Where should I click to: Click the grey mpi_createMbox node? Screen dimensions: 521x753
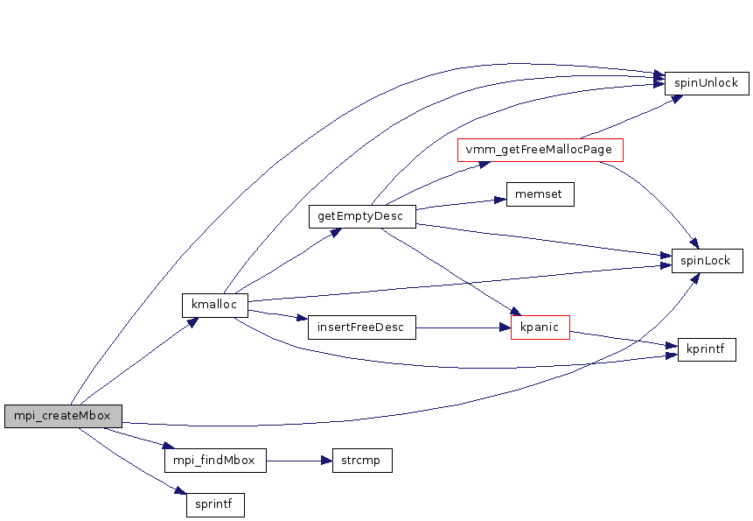tap(63, 416)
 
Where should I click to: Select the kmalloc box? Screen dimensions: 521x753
tap(215, 306)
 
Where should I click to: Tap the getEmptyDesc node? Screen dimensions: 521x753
tap(361, 216)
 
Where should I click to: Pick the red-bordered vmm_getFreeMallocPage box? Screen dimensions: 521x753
tap(540, 150)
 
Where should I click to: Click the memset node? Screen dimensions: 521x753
tap(540, 194)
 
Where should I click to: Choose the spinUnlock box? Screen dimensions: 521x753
tap(707, 84)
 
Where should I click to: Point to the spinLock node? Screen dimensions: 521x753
tap(707, 261)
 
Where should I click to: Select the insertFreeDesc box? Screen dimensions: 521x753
tap(361, 327)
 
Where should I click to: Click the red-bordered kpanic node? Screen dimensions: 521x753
tap(540, 327)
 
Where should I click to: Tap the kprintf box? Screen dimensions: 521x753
tap(707, 350)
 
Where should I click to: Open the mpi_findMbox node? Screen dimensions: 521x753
tap(215, 461)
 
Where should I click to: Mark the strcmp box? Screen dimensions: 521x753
tap(361, 461)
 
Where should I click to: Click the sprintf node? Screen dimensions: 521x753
tap(215, 505)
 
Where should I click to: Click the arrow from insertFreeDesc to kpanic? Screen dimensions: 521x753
tap(463, 327)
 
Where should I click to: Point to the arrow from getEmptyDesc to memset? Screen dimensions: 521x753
tap(461, 204)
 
